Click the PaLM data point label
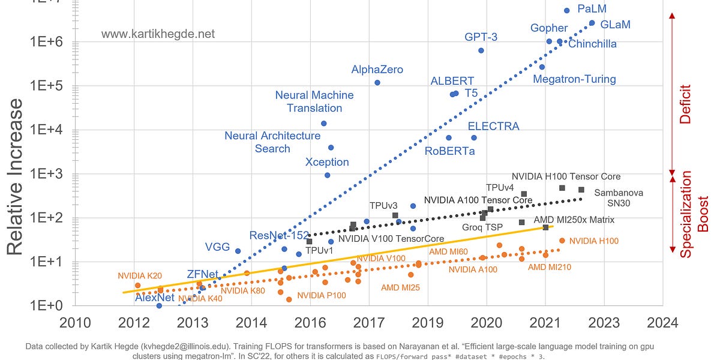(592, 9)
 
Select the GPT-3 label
(481, 37)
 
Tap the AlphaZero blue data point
(377, 82)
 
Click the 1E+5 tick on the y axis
(46, 86)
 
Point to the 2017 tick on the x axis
(369, 323)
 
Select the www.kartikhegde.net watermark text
(158, 34)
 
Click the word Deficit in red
(685, 104)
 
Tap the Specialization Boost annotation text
(694, 214)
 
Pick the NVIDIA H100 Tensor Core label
(566, 176)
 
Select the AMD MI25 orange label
(400, 287)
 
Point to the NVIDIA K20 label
(140, 276)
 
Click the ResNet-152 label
(279, 235)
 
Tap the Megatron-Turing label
(574, 79)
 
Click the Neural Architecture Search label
(272, 142)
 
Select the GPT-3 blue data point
(481, 50)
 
